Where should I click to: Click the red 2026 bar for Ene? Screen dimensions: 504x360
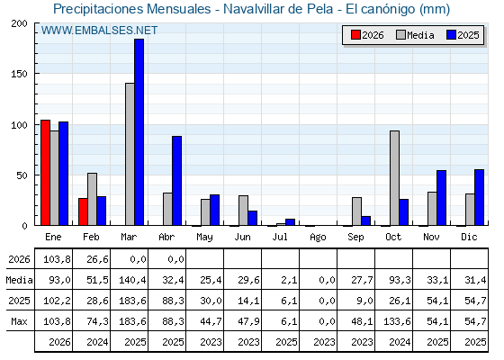[x=45, y=173]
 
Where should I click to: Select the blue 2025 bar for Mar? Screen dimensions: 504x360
[x=139, y=132]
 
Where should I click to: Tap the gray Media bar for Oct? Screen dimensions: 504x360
[x=395, y=178]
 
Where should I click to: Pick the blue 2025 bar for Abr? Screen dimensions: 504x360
[x=176, y=181]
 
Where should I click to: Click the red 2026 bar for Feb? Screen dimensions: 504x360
[x=83, y=211]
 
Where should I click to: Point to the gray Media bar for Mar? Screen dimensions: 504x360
[x=130, y=154]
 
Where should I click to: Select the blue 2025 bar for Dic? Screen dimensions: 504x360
[x=479, y=197]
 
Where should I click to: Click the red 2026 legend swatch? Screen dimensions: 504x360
[x=355, y=35]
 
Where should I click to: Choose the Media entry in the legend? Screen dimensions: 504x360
[x=415, y=35]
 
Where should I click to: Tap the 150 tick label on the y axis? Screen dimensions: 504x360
[x=20, y=74]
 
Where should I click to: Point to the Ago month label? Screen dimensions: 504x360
[x=318, y=238]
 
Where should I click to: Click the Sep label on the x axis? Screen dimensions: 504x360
[x=355, y=237]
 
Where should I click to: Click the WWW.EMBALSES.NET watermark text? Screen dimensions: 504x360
[x=99, y=31]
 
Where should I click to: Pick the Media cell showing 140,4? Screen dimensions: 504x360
[x=132, y=280]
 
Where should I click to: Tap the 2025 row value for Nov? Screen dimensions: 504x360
[x=437, y=301]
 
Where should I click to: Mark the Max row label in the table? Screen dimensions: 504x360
[x=19, y=321]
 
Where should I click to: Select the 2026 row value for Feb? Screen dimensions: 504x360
[x=97, y=259]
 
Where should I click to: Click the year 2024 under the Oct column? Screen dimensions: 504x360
[x=400, y=342]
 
